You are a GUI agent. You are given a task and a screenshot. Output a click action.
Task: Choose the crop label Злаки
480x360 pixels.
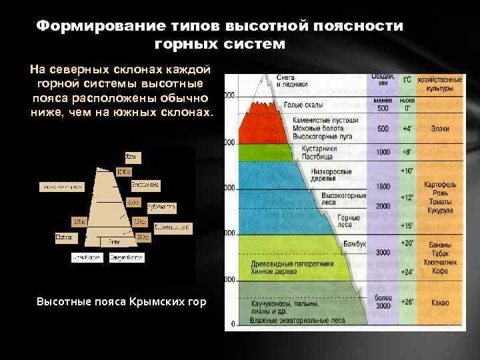[439, 129]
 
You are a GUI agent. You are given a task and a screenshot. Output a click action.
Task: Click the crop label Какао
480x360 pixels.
[439, 303]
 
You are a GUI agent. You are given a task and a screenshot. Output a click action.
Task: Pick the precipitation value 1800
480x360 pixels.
[383, 186]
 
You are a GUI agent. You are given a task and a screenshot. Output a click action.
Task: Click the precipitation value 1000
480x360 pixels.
[383, 152]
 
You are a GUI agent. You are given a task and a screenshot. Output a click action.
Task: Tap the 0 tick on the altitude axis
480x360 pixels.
[233, 325]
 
